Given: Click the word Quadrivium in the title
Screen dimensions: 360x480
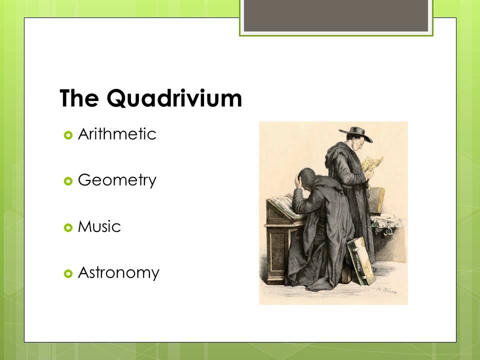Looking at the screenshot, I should [175, 99].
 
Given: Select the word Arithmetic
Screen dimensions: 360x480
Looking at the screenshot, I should [117, 134].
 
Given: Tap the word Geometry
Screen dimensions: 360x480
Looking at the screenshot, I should [117, 180].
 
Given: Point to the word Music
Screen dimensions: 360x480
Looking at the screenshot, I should [99, 227].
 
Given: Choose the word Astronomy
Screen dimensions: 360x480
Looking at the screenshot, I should [118, 273].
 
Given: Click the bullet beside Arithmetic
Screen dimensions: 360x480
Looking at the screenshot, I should [68, 135].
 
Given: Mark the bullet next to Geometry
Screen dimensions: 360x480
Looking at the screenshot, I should [68, 181].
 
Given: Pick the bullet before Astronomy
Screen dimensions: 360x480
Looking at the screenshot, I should [68, 273].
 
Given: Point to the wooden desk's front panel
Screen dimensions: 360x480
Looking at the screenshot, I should [276, 245].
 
